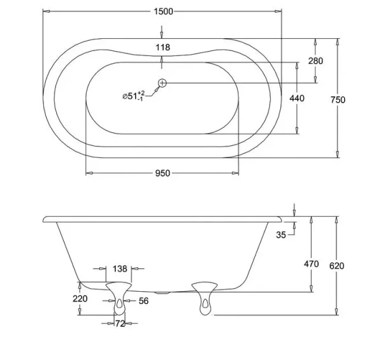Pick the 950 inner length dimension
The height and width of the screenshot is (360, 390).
point(162,174)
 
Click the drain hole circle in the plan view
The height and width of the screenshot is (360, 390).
point(162,82)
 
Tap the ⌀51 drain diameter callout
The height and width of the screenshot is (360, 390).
point(133,96)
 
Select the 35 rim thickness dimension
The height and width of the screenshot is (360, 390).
point(281,234)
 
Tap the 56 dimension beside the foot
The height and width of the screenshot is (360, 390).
point(143,301)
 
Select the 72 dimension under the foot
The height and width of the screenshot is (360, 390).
point(119,324)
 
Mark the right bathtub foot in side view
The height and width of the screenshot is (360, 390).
point(204,298)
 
